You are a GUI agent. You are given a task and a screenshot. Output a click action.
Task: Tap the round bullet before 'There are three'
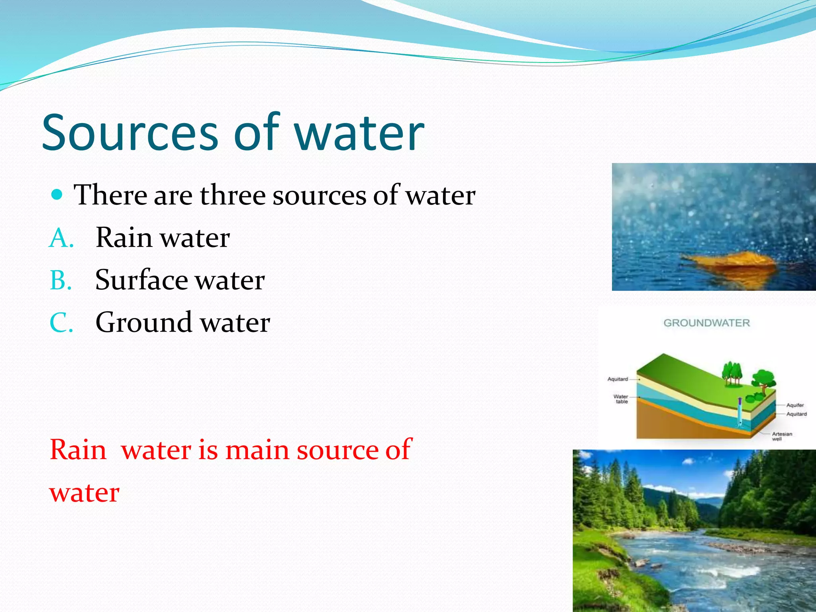(57, 195)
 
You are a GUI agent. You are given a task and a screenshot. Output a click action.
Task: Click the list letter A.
(61, 238)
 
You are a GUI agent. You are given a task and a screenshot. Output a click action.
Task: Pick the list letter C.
(61, 323)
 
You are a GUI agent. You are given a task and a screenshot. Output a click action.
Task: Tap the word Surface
(141, 280)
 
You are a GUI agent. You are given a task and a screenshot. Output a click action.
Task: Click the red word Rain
(78, 450)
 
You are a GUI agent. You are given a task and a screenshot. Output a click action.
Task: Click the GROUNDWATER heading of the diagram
(706, 323)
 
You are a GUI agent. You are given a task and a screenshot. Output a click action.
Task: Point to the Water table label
(620, 399)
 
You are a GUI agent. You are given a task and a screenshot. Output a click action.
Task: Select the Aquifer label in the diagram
(795, 405)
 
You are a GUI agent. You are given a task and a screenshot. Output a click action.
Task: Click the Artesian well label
(782, 436)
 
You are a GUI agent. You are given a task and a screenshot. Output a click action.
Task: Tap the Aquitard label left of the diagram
(618, 379)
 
